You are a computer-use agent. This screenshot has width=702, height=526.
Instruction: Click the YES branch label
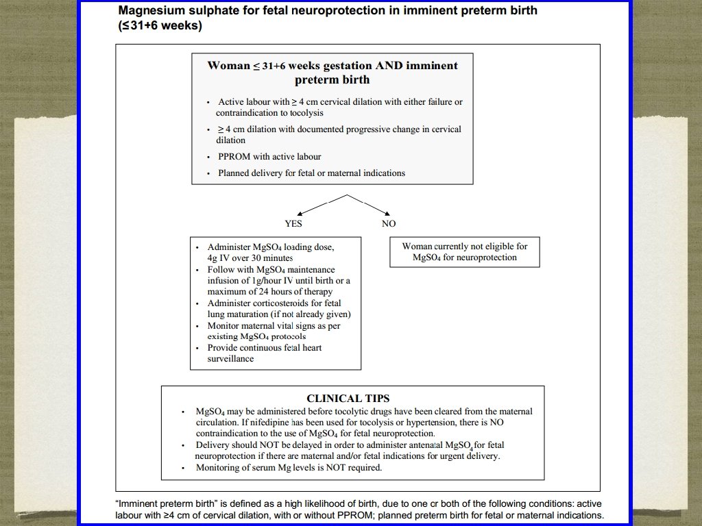pyautogui.click(x=293, y=224)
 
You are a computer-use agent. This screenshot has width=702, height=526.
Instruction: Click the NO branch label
pyautogui.click(x=389, y=224)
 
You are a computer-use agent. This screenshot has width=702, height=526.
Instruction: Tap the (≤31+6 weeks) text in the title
pyautogui.click(x=160, y=26)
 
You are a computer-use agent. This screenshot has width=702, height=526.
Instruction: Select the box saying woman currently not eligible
pyautogui.click(x=465, y=251)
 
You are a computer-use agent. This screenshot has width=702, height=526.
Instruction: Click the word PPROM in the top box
pyautogui.click(x=234, y=157)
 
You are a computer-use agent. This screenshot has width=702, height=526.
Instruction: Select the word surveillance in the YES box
pyautogui.click(x=230, y=359)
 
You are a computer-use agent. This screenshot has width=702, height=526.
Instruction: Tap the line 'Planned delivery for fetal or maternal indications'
pyautogui.click(x=311, y=173)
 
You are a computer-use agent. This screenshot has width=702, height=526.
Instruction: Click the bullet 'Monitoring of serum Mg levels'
pyautogui.click(x=289, y=468)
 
